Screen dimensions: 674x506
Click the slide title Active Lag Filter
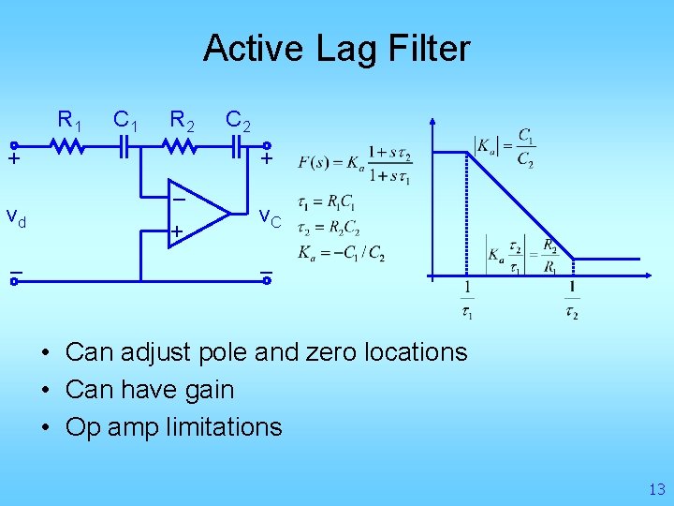click(336, 48)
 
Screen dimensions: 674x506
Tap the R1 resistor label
click(70, 120)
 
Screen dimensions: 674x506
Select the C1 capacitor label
click(126, 120)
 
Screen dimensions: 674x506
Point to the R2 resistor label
click(182, 120)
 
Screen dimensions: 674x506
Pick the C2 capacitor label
click(238, 120)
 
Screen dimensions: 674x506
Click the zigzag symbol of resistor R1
click(68, 146)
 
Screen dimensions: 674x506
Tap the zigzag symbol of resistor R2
click(181, 146)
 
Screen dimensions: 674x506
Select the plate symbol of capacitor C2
click(236, 146)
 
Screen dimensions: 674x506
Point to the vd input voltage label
click(16, 218)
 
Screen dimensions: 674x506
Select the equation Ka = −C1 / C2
click(341, 253)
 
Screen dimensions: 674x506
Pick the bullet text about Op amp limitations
click(173, 427)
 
